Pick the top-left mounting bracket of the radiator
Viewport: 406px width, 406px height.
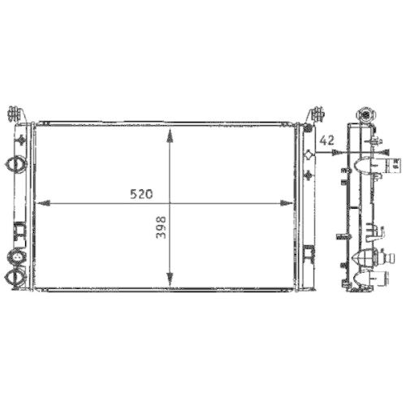point(11,113)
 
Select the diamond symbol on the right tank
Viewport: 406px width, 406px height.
point(308,154)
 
